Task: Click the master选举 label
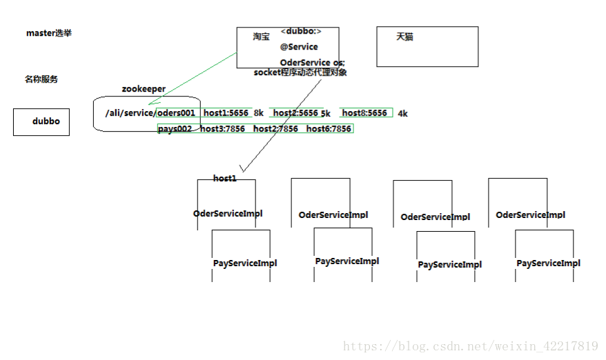point(48,33)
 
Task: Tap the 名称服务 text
point(41,79)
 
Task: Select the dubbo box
point(41,121)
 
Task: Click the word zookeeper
point(144,89)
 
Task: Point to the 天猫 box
point(427,46)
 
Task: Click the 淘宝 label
point(261,37)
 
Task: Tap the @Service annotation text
point(299,47)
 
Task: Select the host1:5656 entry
point(226,112)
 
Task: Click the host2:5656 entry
point(295,112)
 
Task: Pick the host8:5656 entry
point(364,112)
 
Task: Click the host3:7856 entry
point(222,129)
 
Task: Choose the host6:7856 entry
point(329,129)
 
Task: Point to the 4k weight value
point(402,114)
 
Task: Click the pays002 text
point(175,129)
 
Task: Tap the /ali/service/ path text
point(130,113)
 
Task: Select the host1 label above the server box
point(224,179)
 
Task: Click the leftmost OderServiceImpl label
point(228,214)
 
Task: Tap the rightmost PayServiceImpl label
point(548,263)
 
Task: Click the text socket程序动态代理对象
point(300,72)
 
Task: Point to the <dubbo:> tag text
point(301,32)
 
